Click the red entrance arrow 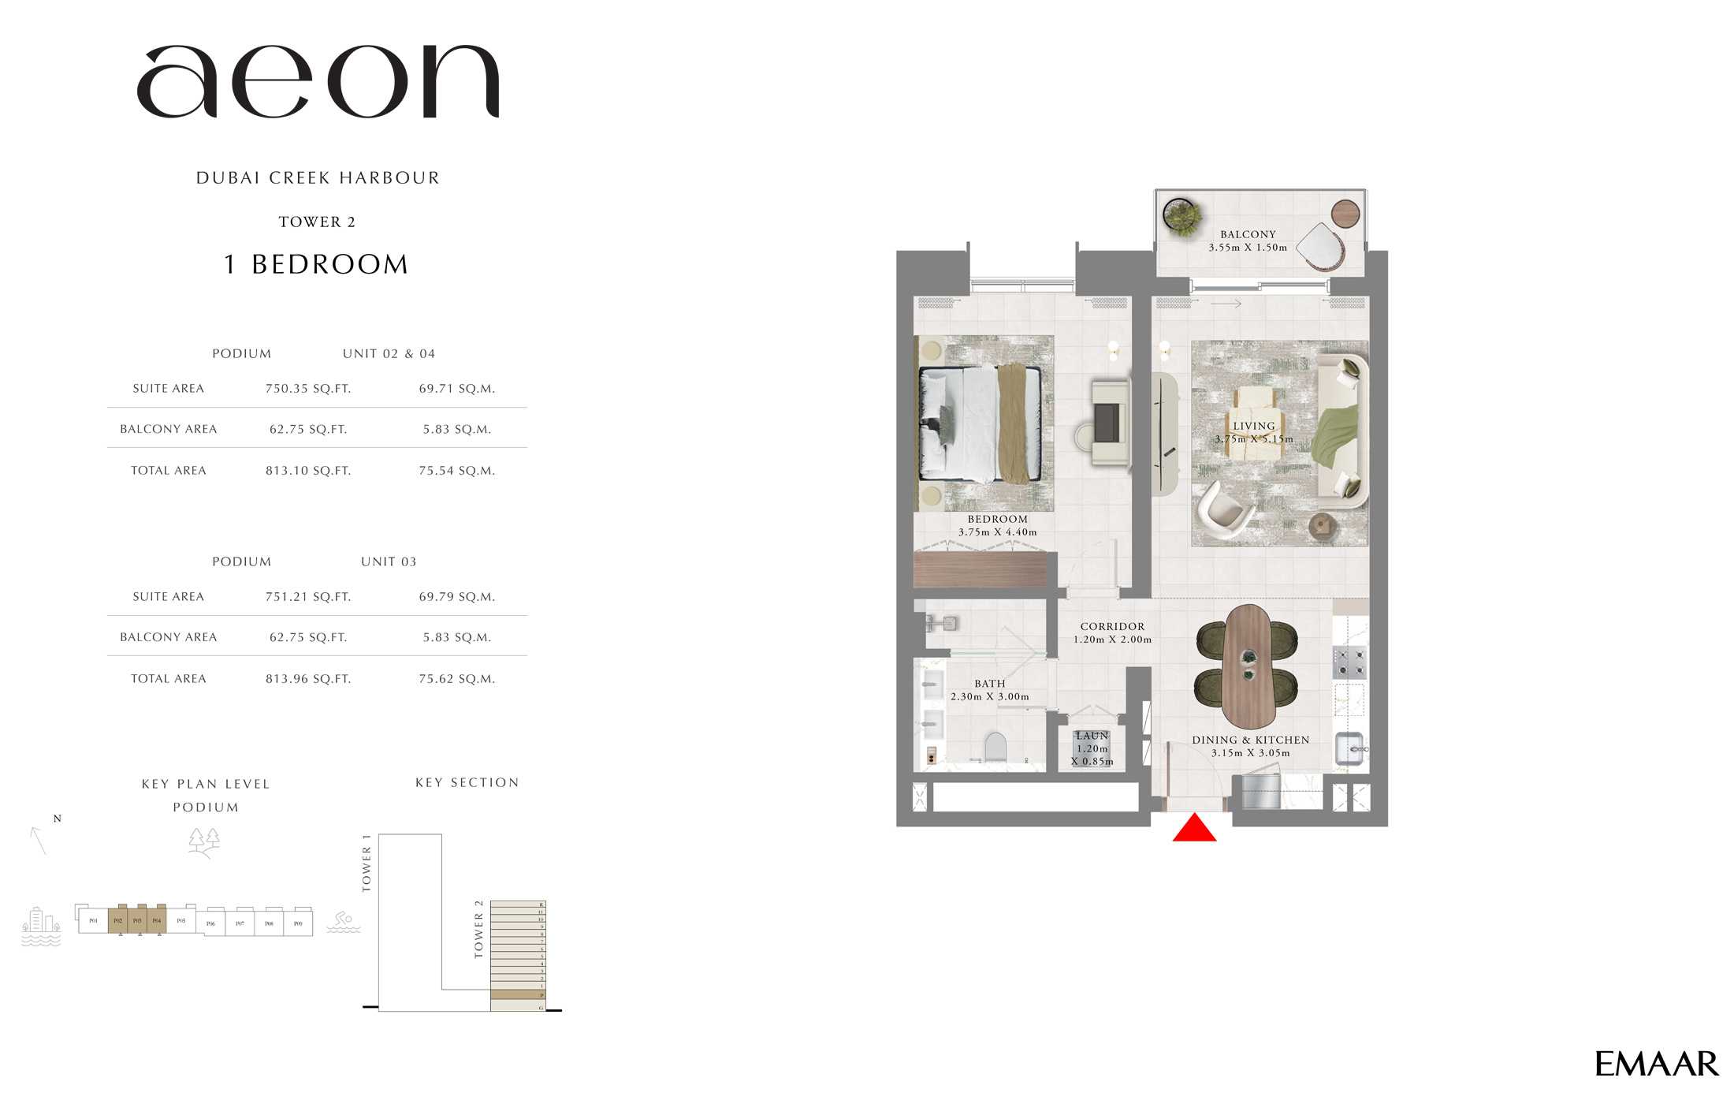1194,829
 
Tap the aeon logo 318,82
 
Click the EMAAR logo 1656,1065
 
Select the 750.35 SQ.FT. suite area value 308,389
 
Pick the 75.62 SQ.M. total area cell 457,679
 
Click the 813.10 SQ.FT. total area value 308,471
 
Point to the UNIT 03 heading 389,562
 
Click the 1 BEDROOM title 317,265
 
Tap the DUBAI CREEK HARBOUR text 318,178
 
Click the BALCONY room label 1248,235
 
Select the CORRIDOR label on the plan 1112,627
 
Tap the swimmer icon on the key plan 344,921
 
